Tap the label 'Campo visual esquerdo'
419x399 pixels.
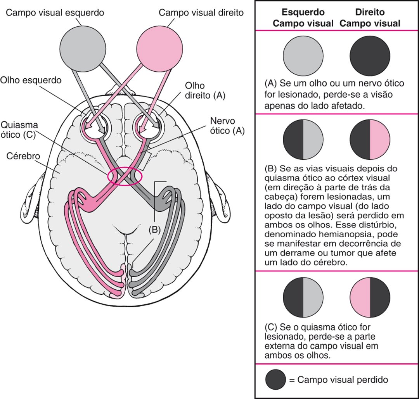click(x=55, y=13)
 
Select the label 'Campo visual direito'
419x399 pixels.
click(x=201, y=13)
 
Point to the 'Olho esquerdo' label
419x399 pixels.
click(x=31, y=80)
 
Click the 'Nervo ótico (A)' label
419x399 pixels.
click(x=227, y=125)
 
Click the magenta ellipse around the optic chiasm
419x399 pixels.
click(x=125, y=176)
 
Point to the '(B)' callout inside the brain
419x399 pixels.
click(x=154, y=230)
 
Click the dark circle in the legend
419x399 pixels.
click(x=275, y=380)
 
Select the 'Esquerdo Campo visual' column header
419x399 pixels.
click(x=303, y=17)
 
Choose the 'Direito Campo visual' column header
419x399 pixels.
click(x=370, y=17)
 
